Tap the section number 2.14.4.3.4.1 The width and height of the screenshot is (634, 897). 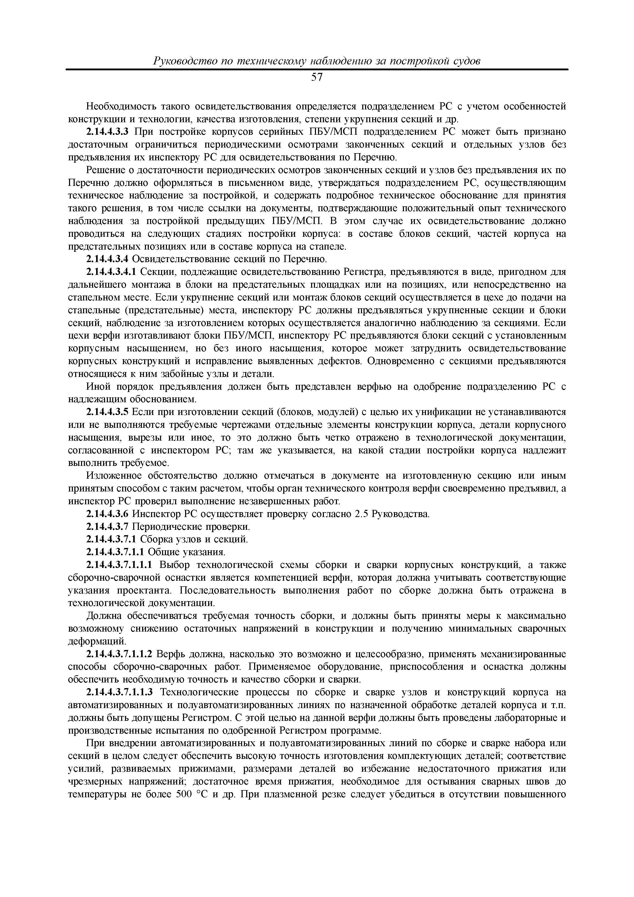[112, 272]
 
